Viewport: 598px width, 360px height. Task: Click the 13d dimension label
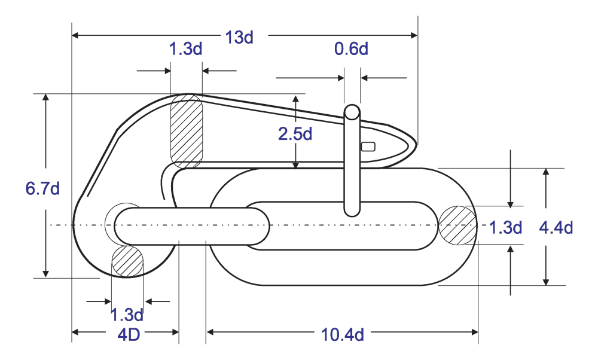tap(239, 37)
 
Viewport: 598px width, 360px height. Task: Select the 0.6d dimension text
tap(351, 49)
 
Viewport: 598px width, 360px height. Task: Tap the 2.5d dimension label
tap(295, 134)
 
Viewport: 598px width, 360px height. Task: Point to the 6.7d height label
tap(42, 188)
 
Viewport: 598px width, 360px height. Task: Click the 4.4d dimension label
tap(556, 227)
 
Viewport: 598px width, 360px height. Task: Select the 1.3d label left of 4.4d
tap(506, 227)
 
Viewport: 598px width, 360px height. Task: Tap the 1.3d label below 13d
tap(186, 49)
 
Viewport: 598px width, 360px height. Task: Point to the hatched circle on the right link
tap(458, 225)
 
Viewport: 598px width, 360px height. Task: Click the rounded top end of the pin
tap(352, 112)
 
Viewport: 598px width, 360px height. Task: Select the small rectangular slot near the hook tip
tap(368, 147)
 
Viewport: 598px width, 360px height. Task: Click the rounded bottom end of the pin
tap(352, 210)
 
